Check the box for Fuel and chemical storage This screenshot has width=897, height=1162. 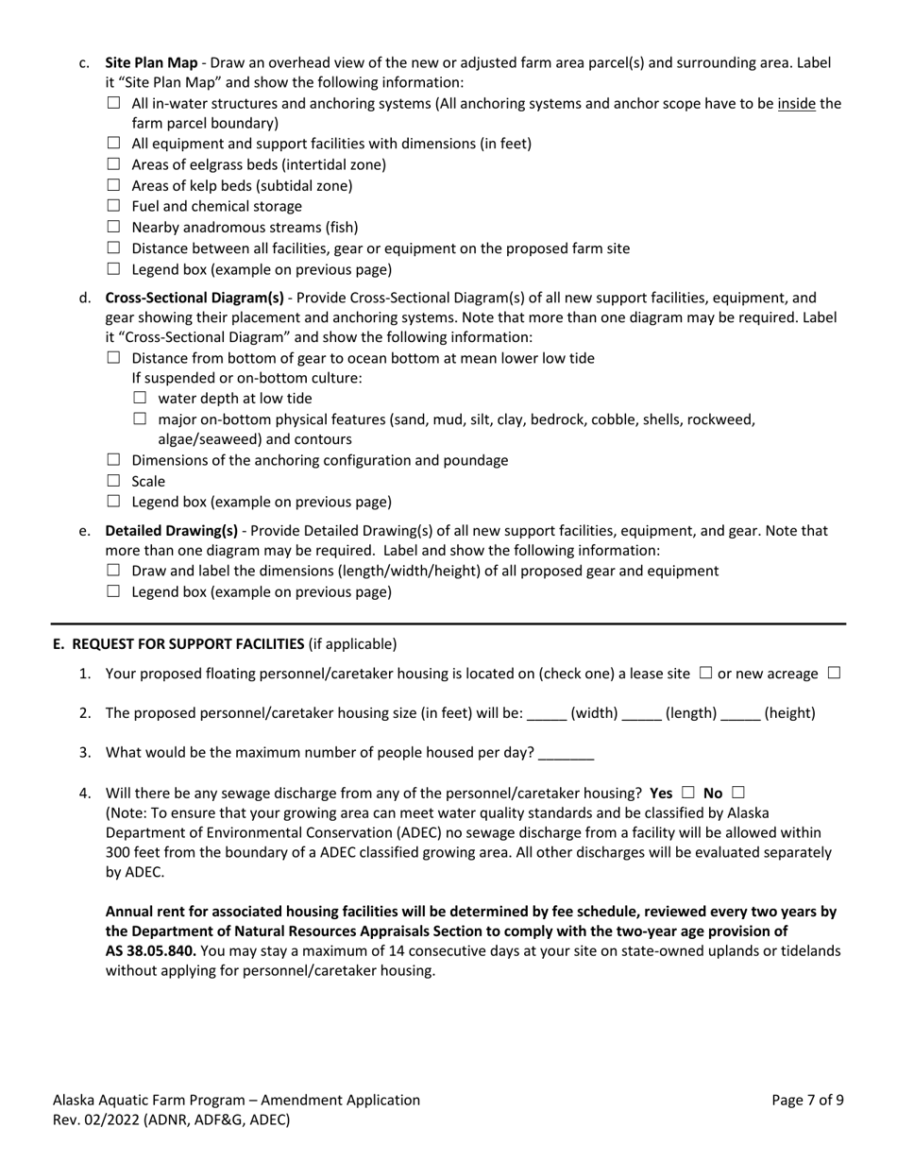[114, 206]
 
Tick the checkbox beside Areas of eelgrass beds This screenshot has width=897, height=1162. [114, 164]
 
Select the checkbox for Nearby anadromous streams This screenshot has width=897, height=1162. [114, 227]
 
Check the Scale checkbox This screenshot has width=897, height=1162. [114, 481]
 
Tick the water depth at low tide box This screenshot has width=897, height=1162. [141, 398]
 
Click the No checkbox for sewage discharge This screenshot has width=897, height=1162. [737, 792]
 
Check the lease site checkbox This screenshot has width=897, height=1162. [705, 674]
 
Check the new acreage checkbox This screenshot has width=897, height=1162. [833, 674]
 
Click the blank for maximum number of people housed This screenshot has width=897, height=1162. [566, 754]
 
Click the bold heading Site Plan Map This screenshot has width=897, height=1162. [151, 62]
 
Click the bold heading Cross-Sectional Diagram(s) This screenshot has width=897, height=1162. [195, 298]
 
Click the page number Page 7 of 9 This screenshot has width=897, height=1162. [807, 1101]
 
